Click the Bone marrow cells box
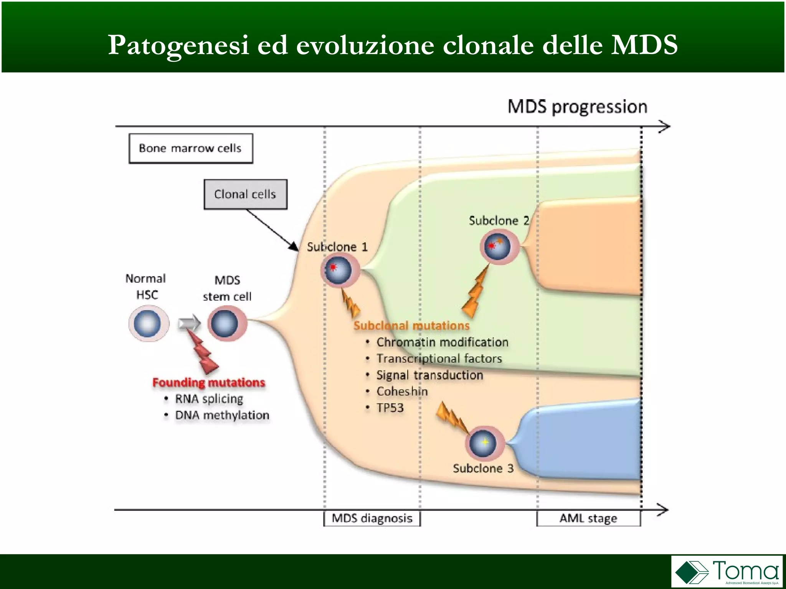coord(191,148)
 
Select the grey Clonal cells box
coord(245,194)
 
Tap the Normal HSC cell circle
coord(149,324)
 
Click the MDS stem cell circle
coord(227,324)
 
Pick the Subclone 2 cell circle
coord(500,247)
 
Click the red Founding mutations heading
coord(209,382)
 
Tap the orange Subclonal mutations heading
coord(411,326)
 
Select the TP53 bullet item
coord(390,408)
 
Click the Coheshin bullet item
coord(402,392)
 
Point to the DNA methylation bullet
coord(222,415)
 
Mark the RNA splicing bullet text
coord(209,399)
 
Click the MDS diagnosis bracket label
coord(372,518)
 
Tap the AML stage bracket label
coord(588,518)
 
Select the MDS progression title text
coord(577,107)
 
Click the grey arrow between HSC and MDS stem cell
coord(189,324)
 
